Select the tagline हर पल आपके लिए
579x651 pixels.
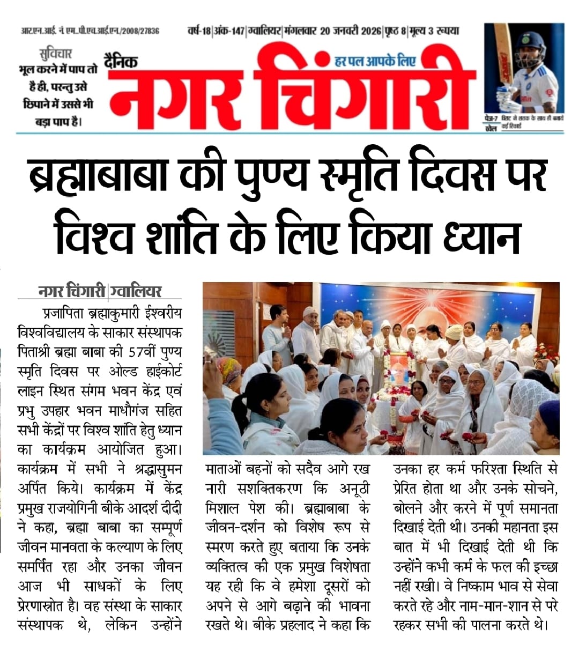pos(375,61)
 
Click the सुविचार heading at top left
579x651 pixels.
pos(56,54)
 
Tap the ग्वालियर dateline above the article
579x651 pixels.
pos(135,291)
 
